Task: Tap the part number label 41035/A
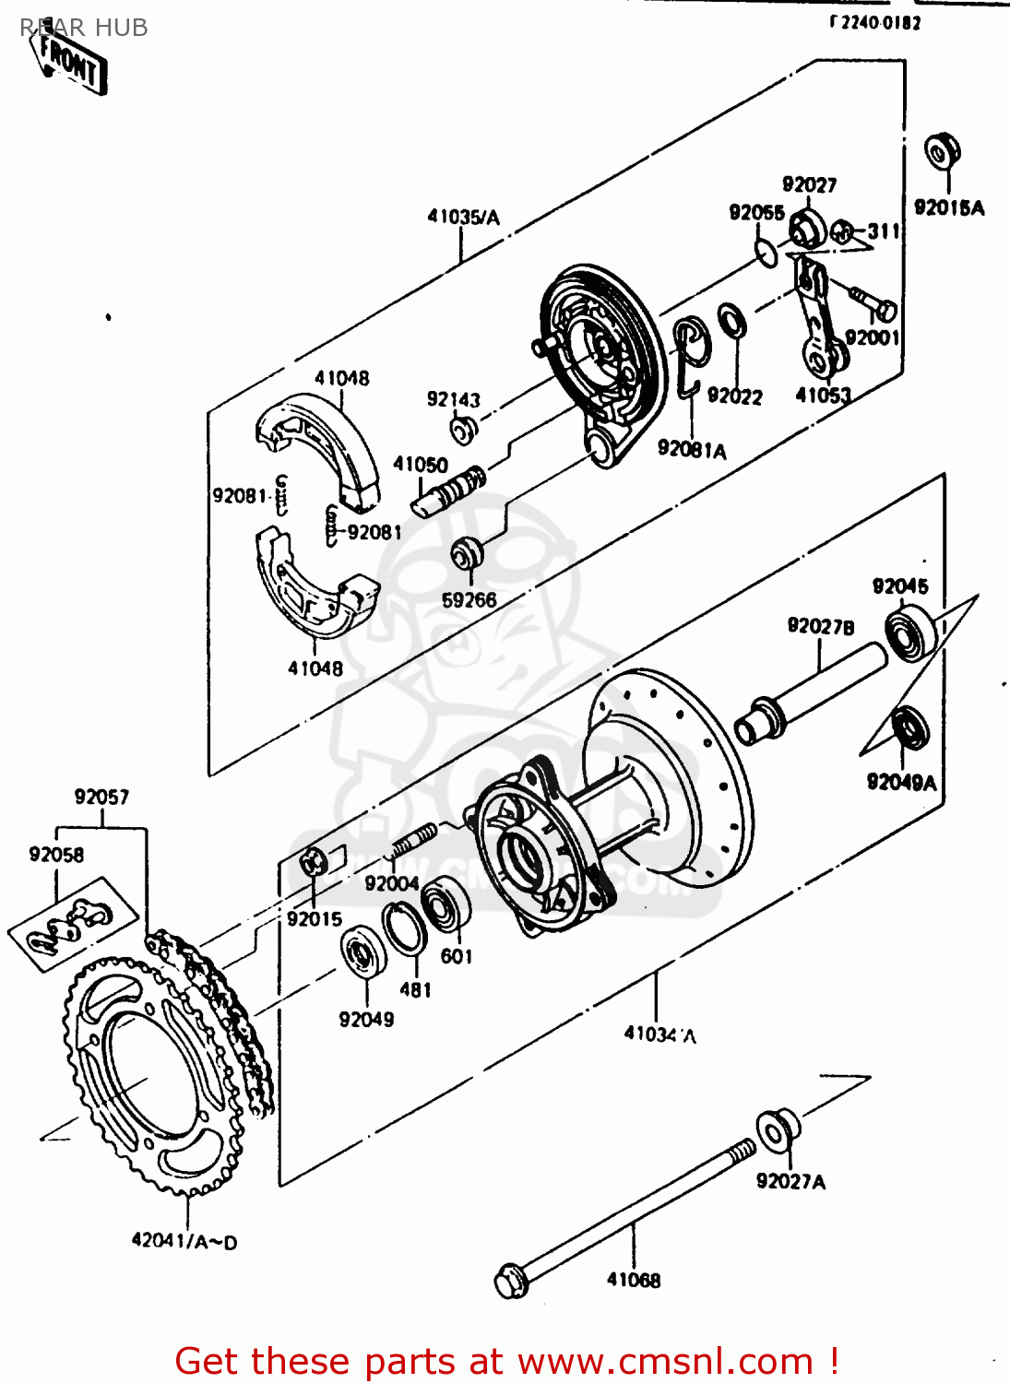[463, 218]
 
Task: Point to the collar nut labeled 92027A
[778, 1129]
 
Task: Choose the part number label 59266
[469, 600]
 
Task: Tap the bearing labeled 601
[446, 902]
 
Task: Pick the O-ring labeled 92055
[766, 252]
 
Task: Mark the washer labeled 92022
[733, 320]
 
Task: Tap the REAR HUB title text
[84, 28]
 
